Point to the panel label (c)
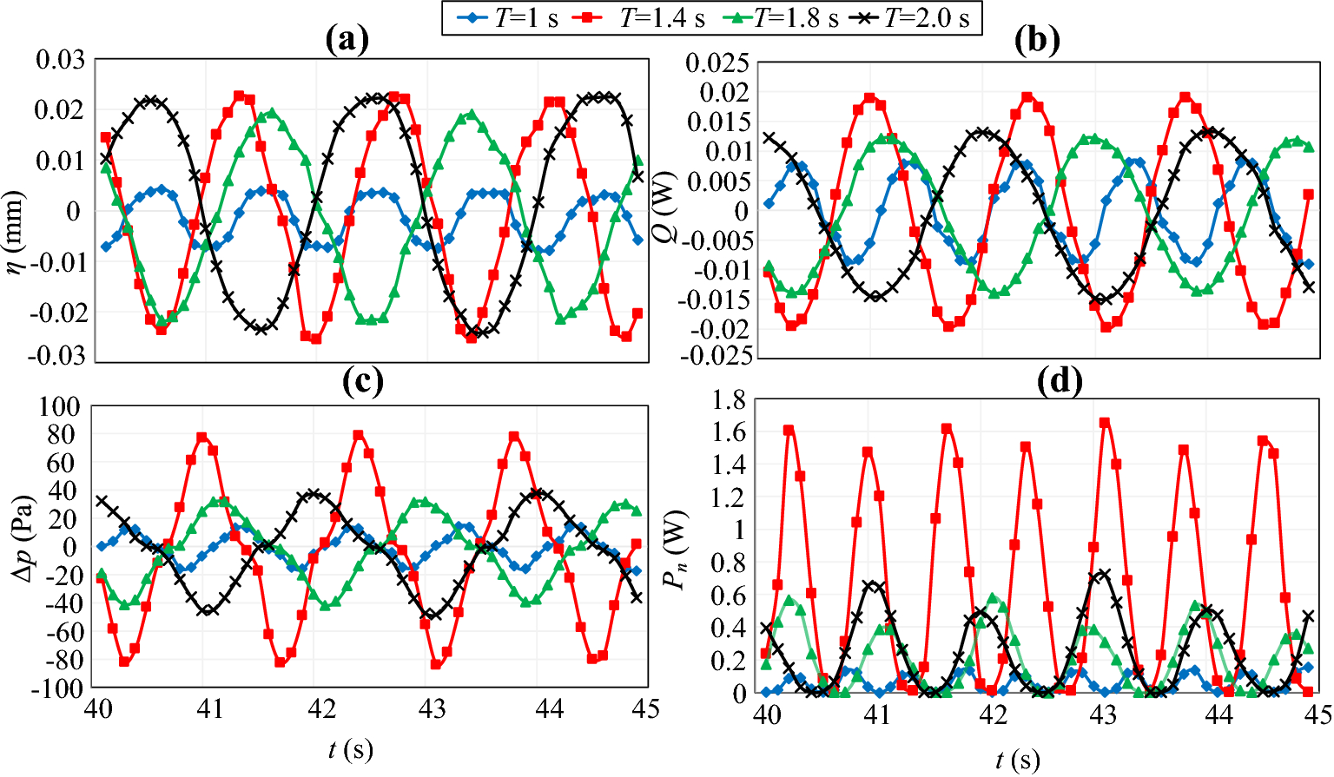[363, 381]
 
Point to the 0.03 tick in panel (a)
[60, 61]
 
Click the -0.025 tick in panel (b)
[717, 355]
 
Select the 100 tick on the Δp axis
[60, 406]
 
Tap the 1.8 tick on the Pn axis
[730, 400]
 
